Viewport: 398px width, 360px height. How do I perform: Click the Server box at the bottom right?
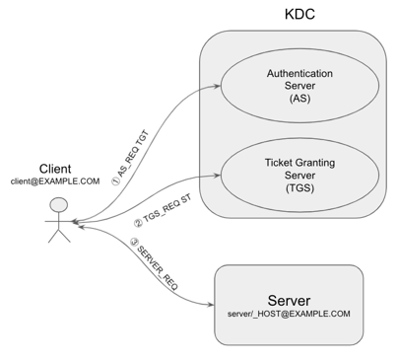(x=296, y=304)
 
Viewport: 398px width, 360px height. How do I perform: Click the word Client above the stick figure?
(x=55, y=168)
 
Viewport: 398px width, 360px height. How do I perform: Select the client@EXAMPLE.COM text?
(x=55, y=182)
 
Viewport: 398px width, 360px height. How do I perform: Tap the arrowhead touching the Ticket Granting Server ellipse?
(x=217, y=177)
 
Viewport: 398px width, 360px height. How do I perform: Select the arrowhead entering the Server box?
(x=211, y=303)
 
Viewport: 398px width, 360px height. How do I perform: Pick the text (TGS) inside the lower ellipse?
(x=295, y=187)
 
